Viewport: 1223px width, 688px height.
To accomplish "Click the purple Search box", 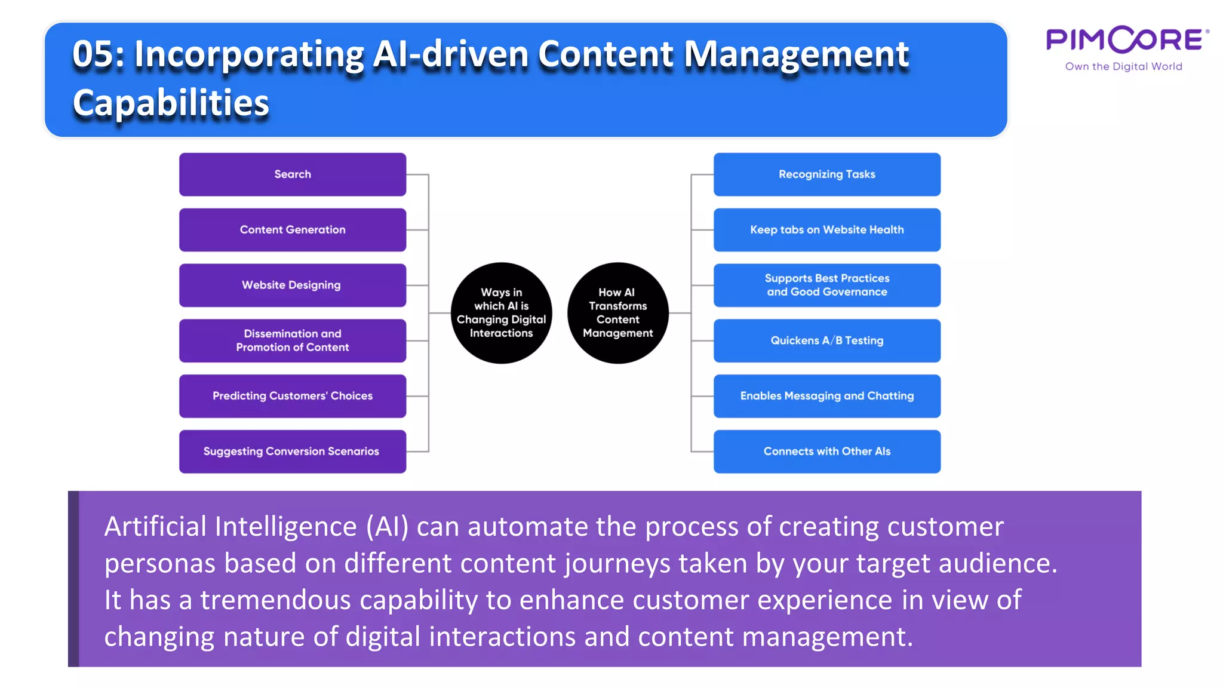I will (293, 174).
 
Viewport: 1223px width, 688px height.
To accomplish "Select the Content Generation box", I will (293, 230).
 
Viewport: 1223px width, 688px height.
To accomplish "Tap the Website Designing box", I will (293, 285).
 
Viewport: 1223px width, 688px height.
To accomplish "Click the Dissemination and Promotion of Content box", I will (293, 340).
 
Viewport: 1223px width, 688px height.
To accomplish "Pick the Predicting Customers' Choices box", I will (293, 396).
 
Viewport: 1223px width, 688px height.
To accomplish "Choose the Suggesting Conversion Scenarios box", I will (293, 451).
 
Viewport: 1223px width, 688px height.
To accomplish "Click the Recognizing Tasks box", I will (826, 174).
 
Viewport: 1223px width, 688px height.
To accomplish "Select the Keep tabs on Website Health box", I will (826, 230).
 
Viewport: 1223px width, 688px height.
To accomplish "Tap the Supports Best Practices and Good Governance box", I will (826, 285).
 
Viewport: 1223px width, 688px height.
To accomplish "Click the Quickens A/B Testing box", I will (826, 340).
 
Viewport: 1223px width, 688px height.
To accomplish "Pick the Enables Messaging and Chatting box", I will (826, 396).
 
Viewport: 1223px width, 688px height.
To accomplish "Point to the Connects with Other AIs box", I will (826, 451).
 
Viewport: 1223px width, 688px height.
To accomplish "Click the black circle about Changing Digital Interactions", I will (501, 313).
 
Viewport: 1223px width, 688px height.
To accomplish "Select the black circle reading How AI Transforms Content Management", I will (617, 313).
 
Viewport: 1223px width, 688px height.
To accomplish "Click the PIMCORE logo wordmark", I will (1127, 40).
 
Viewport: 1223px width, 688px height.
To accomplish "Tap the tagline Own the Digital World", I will (1123, 66).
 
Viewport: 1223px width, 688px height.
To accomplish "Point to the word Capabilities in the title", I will (171, 103).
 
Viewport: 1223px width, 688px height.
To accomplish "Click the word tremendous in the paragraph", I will (275, 600).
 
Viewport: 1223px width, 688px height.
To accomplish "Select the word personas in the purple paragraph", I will (159, 563).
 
